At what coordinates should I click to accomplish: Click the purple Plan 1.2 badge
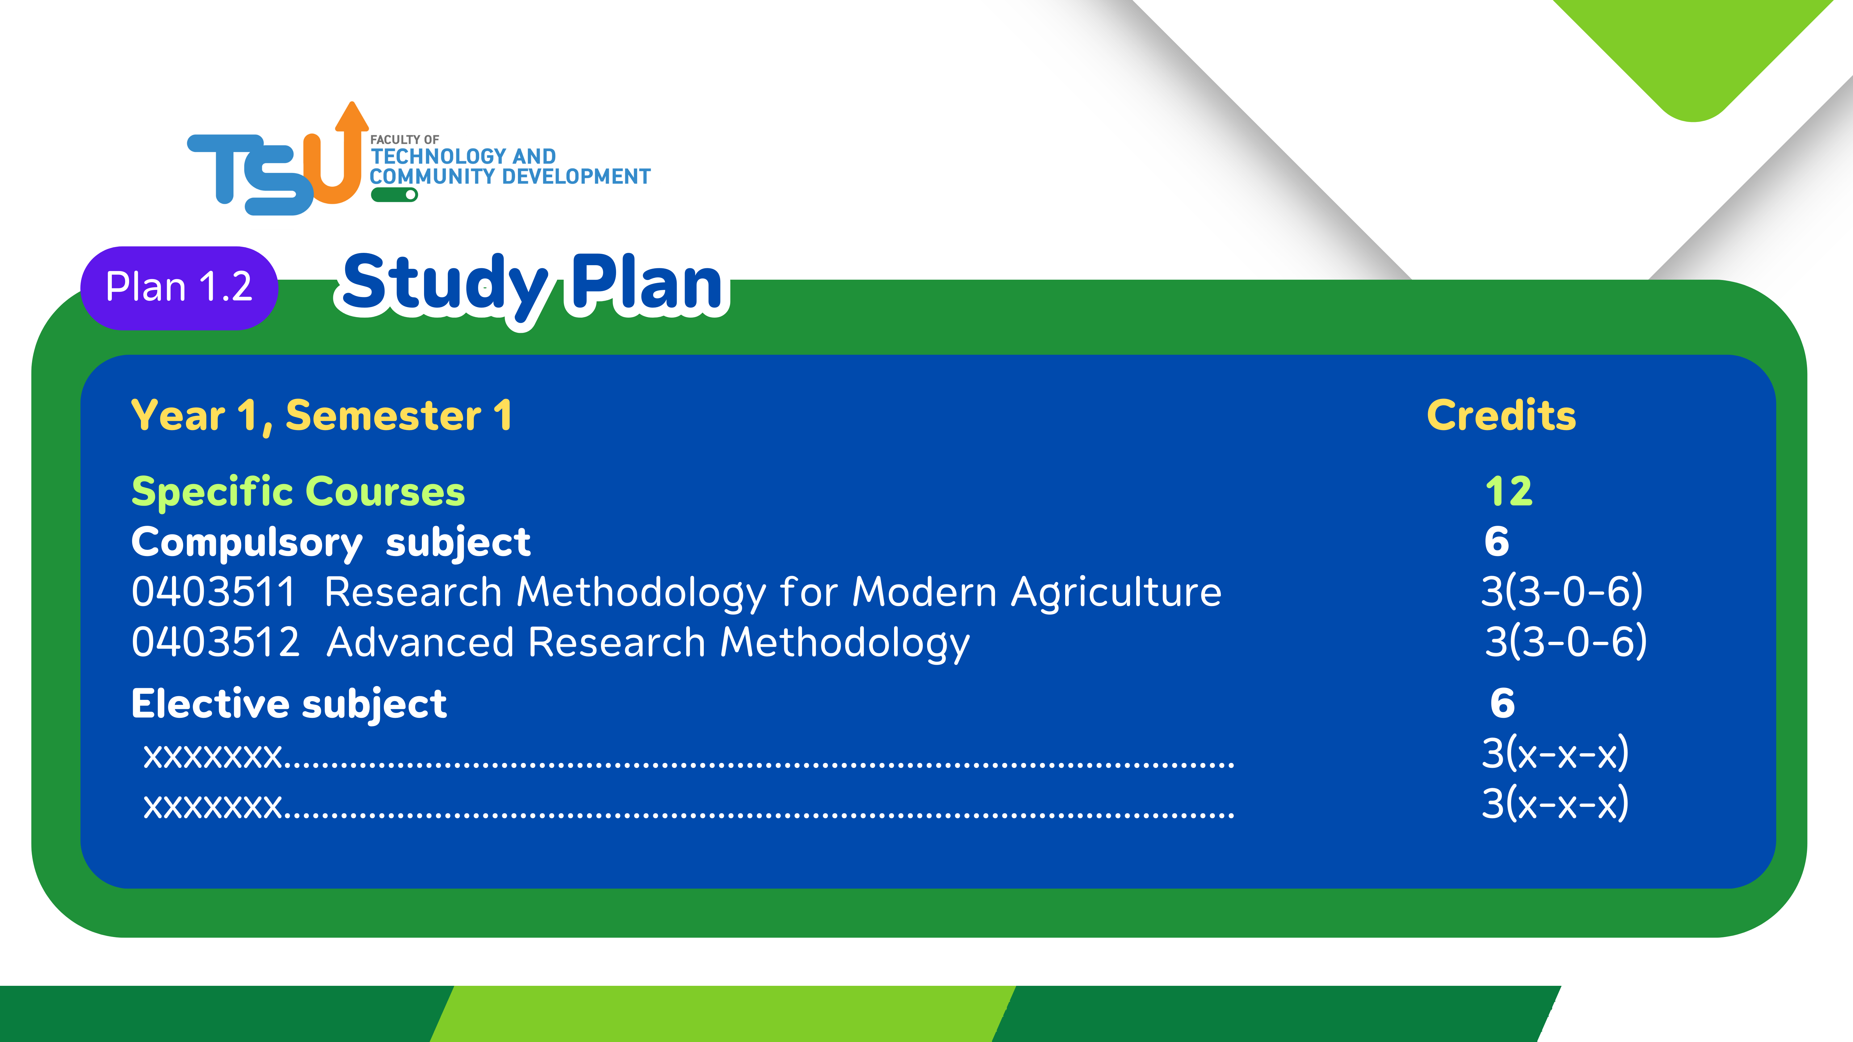tap(179, 288)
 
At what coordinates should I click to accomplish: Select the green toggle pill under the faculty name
tap(394, 195)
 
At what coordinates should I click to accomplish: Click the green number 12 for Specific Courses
tap(1509, 492)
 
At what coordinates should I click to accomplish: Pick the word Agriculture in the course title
tap(1116, 593)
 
